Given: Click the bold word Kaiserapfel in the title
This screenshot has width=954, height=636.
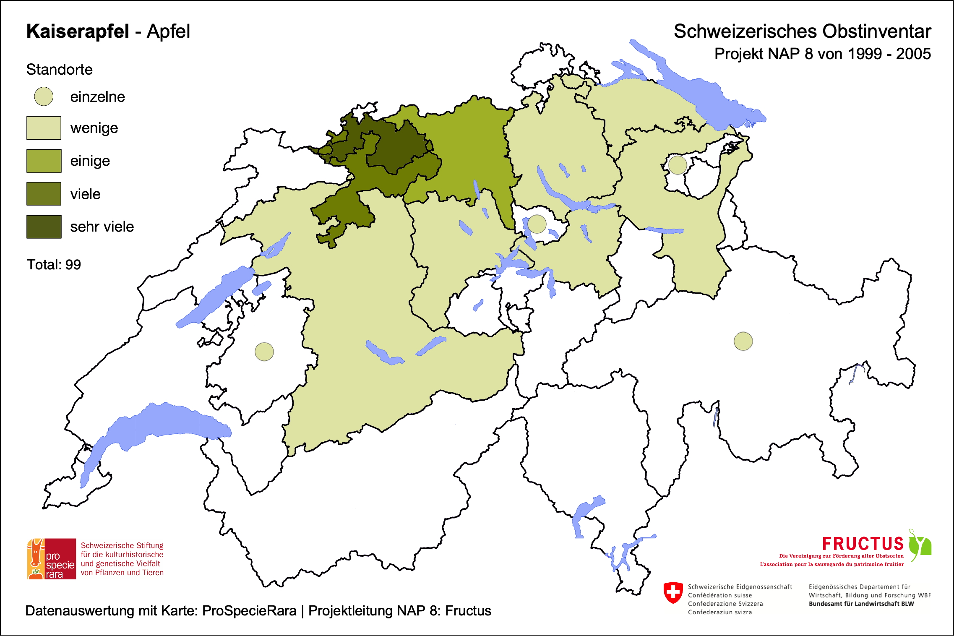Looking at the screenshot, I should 78,31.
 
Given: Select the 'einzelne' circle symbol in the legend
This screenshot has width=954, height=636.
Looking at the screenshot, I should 44,96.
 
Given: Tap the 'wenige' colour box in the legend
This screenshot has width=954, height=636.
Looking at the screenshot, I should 44,128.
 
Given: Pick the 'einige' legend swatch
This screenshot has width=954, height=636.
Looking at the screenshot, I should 44,161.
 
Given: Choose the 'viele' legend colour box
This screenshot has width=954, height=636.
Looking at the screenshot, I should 44,194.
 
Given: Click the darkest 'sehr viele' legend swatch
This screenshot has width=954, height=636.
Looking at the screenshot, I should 44,227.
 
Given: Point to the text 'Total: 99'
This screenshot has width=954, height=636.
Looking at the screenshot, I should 54,265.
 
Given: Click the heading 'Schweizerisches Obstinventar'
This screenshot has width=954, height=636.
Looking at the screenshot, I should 802,31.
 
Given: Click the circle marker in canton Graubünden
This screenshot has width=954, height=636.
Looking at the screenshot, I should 743,341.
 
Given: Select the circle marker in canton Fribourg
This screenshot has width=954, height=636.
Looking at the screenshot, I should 264,352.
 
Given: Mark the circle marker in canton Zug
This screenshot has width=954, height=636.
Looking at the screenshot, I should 537,224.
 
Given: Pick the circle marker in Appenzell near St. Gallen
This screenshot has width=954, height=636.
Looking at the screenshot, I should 678,165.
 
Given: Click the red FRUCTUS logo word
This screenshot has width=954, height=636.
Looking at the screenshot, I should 863,544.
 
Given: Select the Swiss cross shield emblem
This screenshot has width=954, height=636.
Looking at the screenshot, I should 673,593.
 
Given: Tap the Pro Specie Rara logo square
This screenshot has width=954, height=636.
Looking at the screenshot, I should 52,559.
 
